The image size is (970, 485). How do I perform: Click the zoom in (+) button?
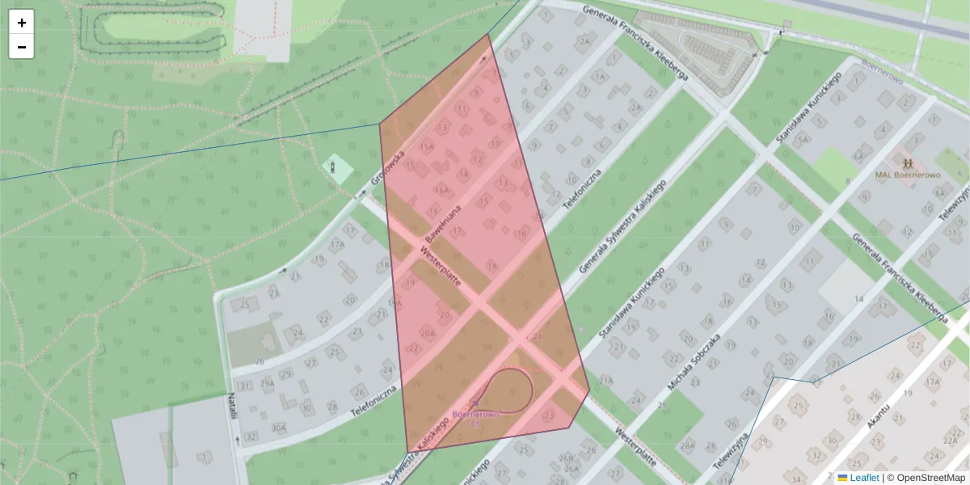[22, 23]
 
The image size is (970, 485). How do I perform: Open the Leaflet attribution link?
[864, 478]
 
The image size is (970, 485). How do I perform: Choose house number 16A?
[441, 191]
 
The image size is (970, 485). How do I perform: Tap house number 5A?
[802, 139]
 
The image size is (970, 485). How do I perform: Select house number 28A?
[687, 445]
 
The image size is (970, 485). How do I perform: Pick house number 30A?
[280, 428]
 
